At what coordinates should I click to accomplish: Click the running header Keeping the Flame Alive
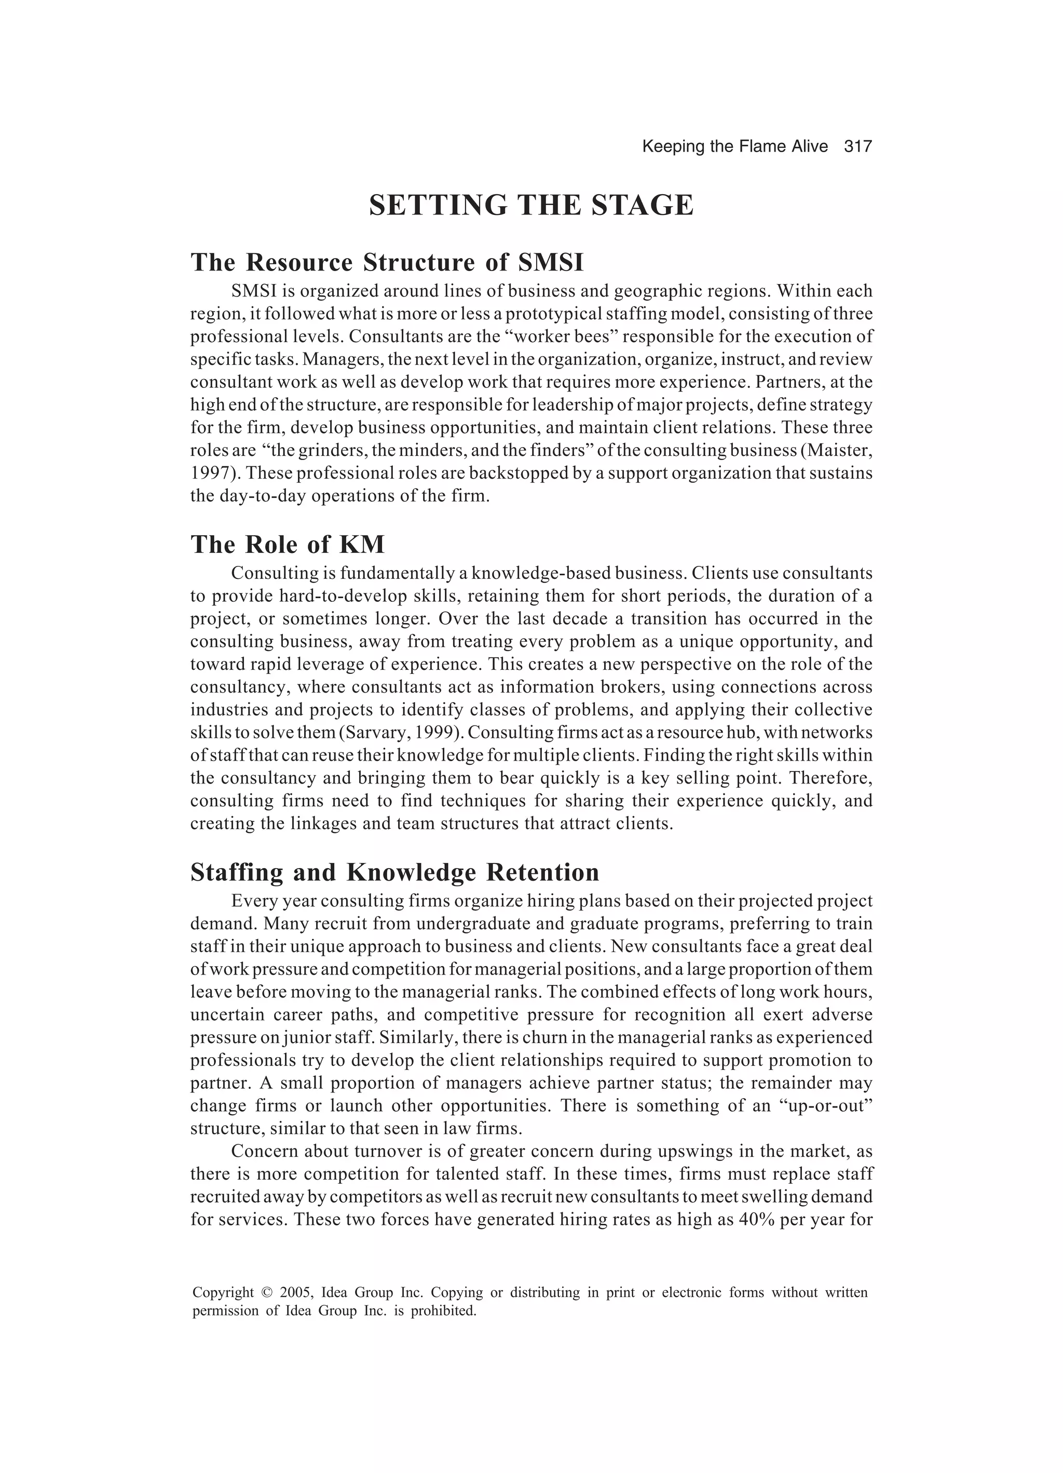734,147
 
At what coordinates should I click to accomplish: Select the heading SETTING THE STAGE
531,206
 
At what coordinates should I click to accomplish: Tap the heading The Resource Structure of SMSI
387,262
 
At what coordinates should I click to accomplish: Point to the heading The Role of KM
287,544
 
